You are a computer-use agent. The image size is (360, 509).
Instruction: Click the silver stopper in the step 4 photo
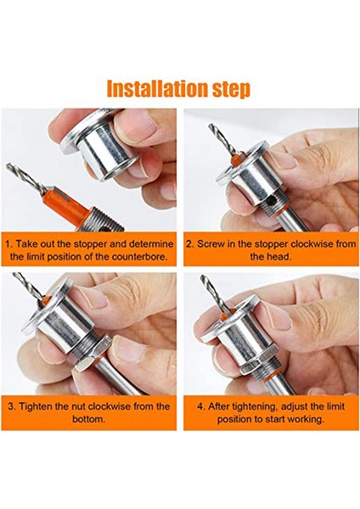point(255,339)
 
